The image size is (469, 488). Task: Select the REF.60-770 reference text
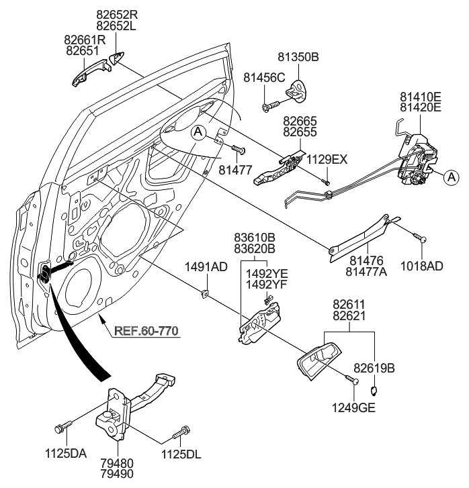click(145, 331)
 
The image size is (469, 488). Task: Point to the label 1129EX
click(327, 160)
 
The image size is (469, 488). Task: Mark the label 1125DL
click(181, 454)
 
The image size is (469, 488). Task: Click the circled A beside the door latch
click(451, 177)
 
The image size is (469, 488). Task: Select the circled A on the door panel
click(197, 134)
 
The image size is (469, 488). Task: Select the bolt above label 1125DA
click(62, 426)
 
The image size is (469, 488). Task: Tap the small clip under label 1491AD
click(206, 291)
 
